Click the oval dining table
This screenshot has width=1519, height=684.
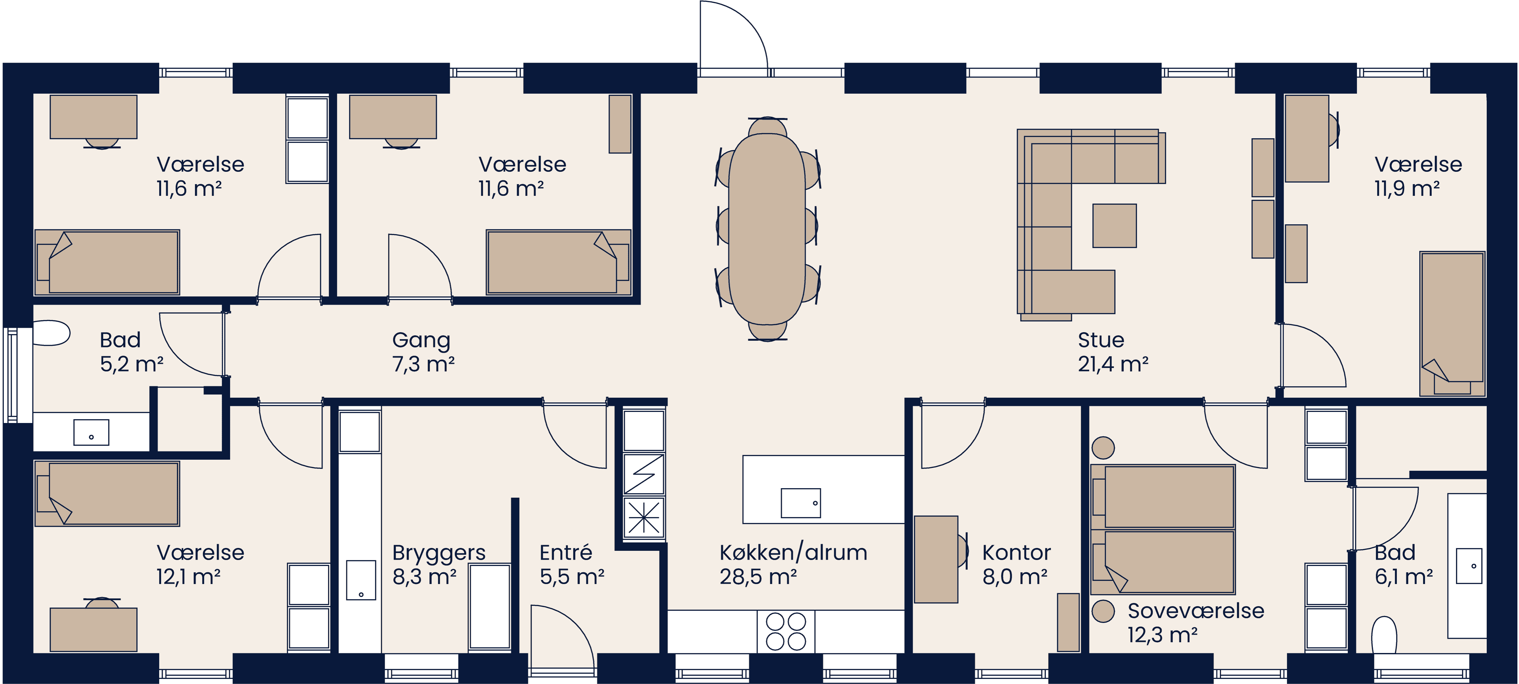tap(766, 229)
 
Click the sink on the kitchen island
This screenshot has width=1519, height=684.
tap(800, 503)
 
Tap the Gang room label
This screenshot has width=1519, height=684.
tap(421, 340)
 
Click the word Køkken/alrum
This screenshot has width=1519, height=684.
tap(793, 552)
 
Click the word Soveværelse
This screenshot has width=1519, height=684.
tap(1195, 611)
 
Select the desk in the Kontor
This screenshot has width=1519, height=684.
tap(936, 559)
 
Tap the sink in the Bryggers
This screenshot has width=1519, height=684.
tap(361, 580)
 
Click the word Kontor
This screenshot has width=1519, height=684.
tap(1016, 552)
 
